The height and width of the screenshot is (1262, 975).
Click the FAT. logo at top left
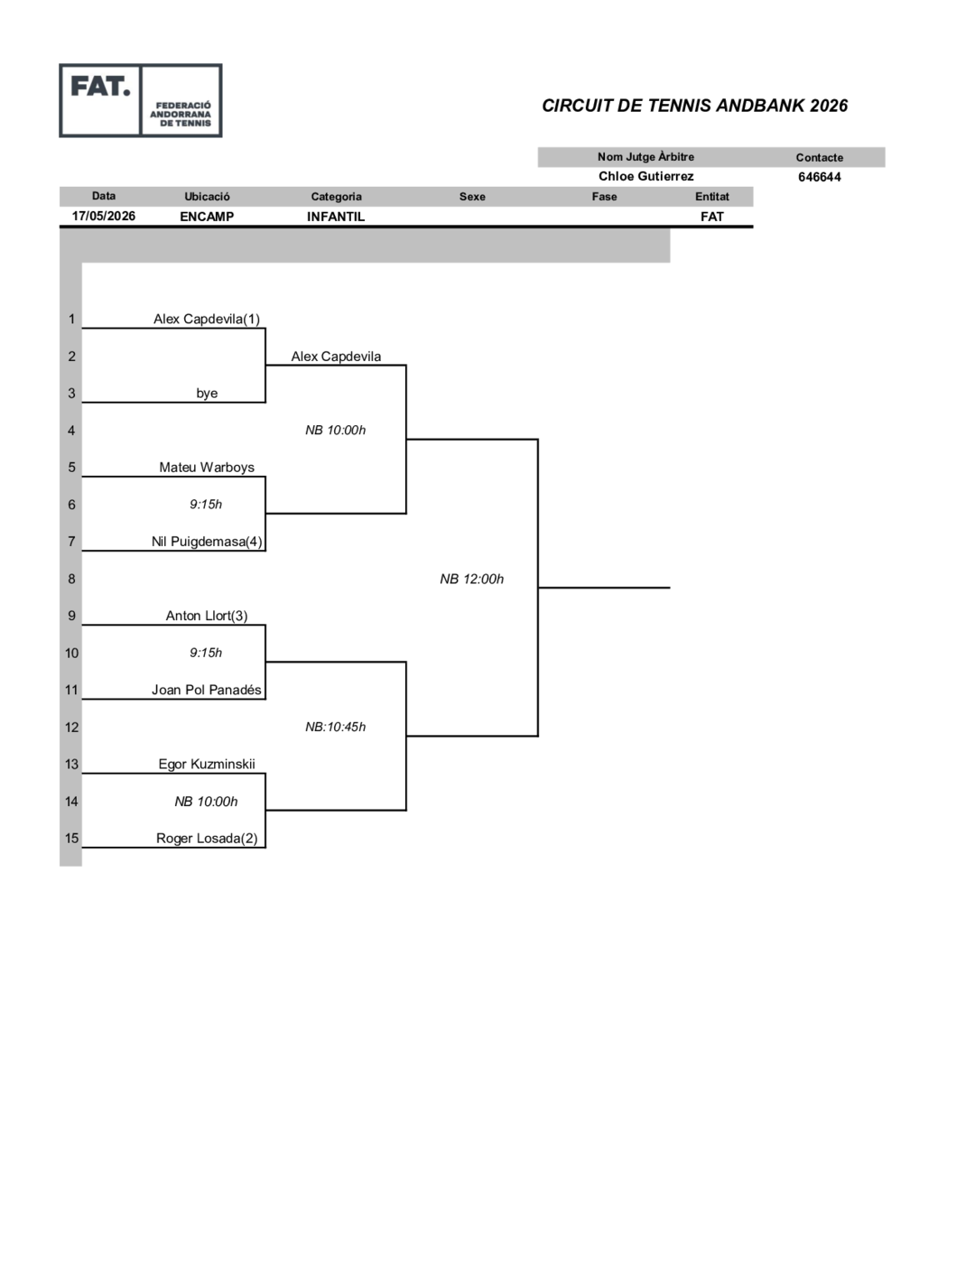(141, 100)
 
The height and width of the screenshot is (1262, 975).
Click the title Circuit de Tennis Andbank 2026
(694, 106)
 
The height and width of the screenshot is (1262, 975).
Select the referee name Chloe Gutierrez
(645, 176)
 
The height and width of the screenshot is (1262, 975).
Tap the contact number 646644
(820, 177)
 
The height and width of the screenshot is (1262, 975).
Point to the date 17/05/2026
(103, 216)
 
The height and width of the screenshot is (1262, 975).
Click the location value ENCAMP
(207, 217)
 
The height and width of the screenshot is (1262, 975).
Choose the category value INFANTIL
(336, 217)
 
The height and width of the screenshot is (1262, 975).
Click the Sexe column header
(472, 196)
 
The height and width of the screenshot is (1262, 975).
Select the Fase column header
(604, 196)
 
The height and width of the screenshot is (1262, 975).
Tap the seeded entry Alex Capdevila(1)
(207, 319)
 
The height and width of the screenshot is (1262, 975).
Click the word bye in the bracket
(207, 394)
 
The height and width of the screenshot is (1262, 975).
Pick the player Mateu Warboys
(207, 468)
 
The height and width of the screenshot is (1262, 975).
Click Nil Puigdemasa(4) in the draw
(207, 542)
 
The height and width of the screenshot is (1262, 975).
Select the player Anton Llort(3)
(207, 616)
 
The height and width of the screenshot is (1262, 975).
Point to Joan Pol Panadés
(207, 690)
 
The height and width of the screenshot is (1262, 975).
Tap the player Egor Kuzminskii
(207, 765)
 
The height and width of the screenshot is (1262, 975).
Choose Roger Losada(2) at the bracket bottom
(207, 839)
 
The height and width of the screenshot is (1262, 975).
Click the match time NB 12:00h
(471, 579)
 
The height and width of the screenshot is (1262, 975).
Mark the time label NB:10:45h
(336, 727)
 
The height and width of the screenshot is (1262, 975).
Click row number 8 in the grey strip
(71, 579)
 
